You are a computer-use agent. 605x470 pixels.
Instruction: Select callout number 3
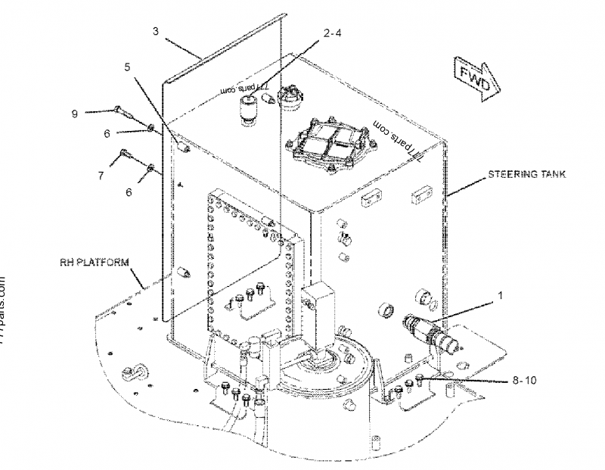(x=155, y=31)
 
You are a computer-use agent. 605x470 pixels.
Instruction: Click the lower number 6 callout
(x=129, y=193)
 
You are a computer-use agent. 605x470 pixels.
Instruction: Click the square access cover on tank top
(x=330, y=142)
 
